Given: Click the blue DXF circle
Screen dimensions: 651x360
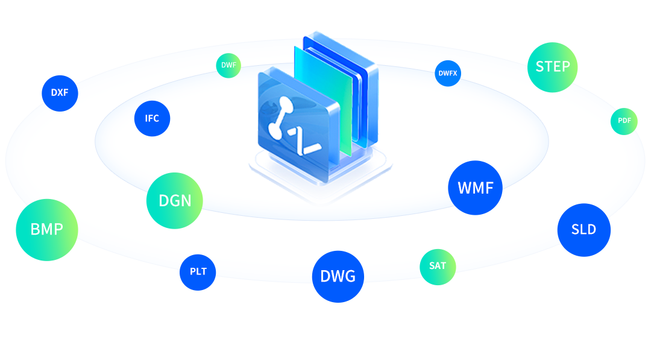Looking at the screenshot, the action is pos(60,93).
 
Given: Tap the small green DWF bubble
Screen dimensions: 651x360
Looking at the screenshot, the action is pos(228,66).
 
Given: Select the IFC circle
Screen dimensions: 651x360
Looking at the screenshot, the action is pos(152,118).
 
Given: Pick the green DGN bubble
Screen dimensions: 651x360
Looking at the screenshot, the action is pos(175,201).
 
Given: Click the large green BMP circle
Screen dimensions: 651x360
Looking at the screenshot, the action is pos(47,230).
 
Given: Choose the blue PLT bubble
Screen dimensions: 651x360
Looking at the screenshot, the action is pos(198,273).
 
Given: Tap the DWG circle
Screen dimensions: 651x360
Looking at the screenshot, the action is pos(338,277).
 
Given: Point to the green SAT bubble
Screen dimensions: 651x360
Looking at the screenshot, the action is pos(438,267).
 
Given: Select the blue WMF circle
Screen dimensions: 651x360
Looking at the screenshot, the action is pos(476,188).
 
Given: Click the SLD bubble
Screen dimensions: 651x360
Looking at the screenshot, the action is pos(583,230).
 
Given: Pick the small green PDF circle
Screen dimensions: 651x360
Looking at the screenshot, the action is pos(624,121).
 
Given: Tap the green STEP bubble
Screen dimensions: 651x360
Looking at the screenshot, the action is pos(553,68).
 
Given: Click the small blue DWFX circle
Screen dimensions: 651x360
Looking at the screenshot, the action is pos(447,74).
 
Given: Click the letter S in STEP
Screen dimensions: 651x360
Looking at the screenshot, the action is pos(539,66).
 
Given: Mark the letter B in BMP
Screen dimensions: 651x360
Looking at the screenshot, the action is pos(35,229).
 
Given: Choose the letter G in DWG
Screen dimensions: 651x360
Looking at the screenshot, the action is pos(350,277).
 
